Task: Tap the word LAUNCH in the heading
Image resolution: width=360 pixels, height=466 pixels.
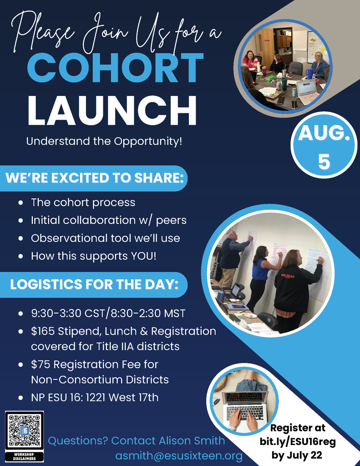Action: pos(112,110)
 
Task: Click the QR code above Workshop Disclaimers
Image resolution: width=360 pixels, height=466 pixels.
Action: pos(24,431)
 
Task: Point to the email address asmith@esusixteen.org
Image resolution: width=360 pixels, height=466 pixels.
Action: pos(179,456)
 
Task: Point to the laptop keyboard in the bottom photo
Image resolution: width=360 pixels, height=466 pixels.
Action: pos(245,412)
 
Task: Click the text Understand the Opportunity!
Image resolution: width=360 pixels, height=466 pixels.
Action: pos(104,141)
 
